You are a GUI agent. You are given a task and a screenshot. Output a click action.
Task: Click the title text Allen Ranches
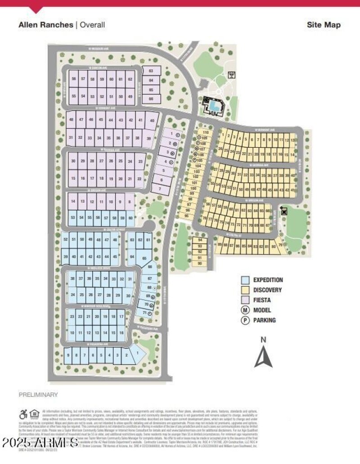point(45,25)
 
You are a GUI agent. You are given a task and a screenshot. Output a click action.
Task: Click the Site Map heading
point(324,25)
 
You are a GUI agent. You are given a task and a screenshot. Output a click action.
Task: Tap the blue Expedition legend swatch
point(245,280)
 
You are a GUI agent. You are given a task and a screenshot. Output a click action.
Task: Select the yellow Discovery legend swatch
point(245,290)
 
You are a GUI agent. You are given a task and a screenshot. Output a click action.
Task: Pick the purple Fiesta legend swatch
point(245,300)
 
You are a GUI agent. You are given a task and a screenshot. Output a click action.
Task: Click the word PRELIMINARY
point(38,395)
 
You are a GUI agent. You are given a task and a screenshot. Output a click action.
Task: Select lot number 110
point(206,132)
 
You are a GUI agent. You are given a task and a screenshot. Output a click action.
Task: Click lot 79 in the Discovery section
point(281,245)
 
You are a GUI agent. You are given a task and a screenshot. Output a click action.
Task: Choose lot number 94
point(199,241)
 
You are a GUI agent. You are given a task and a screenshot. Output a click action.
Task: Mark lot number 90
point(199,263)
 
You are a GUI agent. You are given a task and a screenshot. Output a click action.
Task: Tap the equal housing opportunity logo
point(35,414)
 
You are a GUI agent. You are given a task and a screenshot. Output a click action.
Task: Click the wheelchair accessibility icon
point(23,414)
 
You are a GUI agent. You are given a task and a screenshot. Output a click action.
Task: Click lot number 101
point(194,183)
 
